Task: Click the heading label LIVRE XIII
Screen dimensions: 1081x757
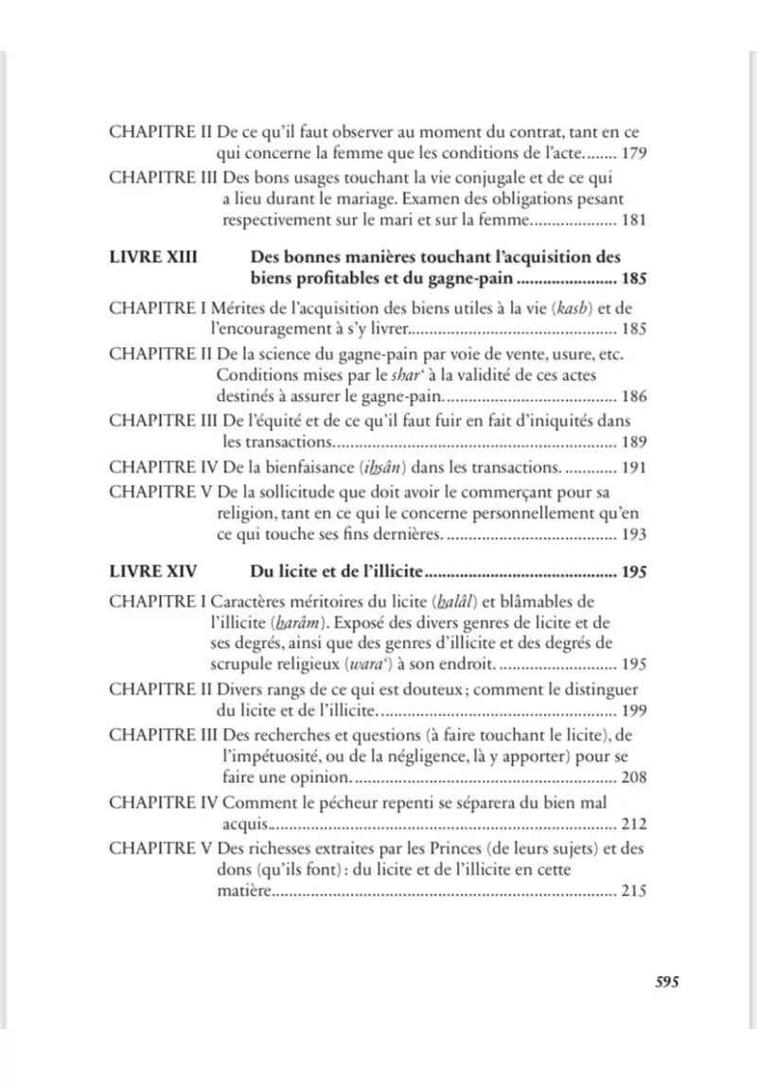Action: pyautogui.click(x=153, y=257)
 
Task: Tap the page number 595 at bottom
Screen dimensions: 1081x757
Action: pyautogui.click(x=668, y=981)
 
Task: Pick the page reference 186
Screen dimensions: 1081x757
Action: pyautogui.click(x=633, y=398)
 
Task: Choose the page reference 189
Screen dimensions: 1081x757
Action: pyautogui.click(x=633, y=443)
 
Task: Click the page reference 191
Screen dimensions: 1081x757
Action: pyautogui.click(x=633, y=467)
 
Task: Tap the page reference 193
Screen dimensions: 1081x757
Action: pyautogui.click(x=633, y=535)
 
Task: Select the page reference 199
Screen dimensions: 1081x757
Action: pyautogui.click(x=633, y=709)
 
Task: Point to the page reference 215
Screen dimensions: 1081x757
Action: pyautogui.click(x=633, y=891)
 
